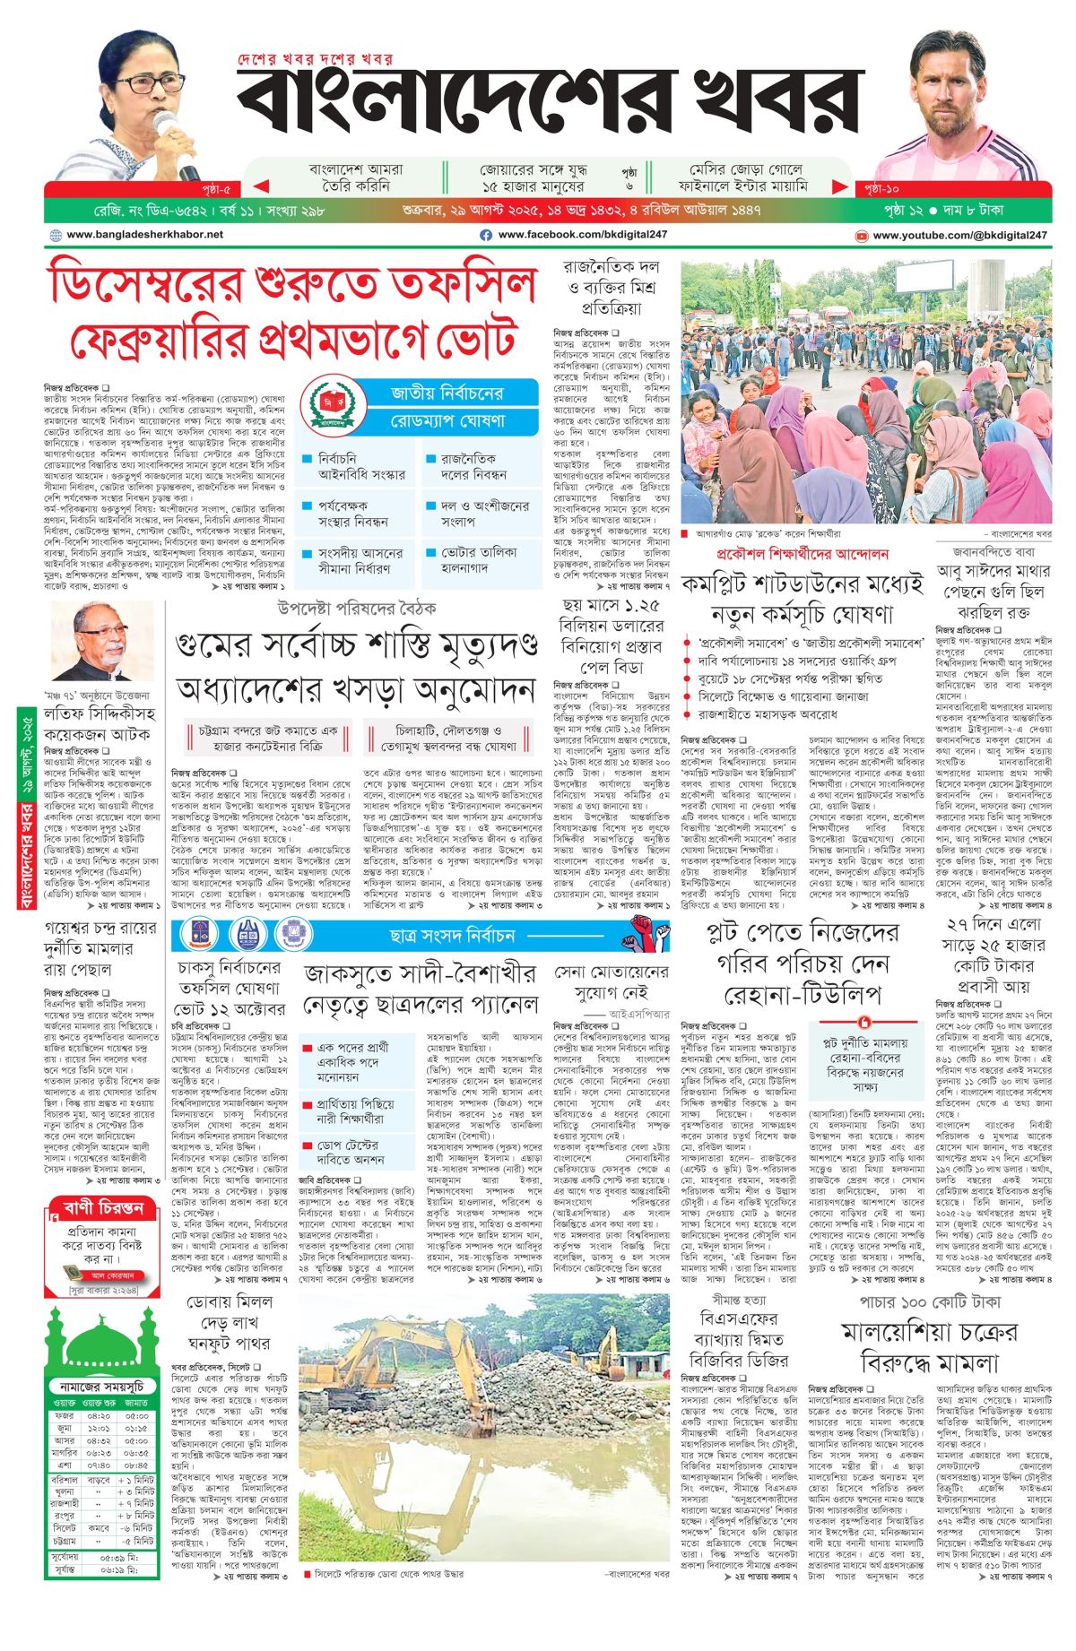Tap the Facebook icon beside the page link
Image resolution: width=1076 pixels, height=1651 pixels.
coord(486,235)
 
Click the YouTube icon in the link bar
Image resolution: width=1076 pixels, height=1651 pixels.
coord(862,236)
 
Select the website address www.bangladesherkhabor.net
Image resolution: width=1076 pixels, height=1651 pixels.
coord(144,235)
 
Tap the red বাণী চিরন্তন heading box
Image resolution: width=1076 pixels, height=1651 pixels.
coord(103,1207)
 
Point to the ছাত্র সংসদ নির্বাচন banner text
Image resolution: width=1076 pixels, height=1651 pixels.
coord(452,936)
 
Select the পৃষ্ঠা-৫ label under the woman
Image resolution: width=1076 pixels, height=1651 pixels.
coord(216,189)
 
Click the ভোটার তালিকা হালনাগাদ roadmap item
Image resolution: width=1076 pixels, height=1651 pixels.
coord(478,561)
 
